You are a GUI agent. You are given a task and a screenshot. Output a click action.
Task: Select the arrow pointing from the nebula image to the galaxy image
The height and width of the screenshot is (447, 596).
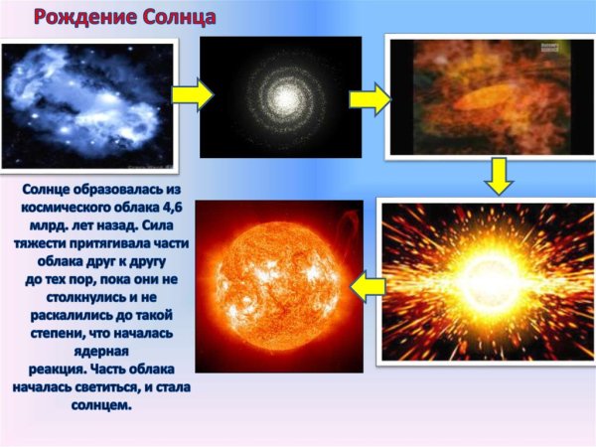tap(192, 94)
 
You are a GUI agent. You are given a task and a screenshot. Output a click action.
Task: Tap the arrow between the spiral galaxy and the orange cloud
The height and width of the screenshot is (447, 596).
tap(369, 98)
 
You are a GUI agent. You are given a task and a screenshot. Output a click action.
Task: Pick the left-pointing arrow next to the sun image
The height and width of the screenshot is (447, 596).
tap(369, 287)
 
